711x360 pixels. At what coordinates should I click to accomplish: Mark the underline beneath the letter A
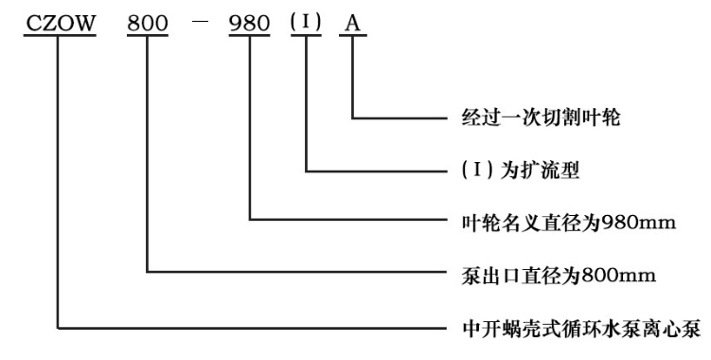pos(352,39)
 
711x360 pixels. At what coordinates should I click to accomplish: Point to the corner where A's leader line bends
pos(352,118)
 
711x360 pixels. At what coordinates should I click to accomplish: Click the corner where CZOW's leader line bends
pos(58,329)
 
